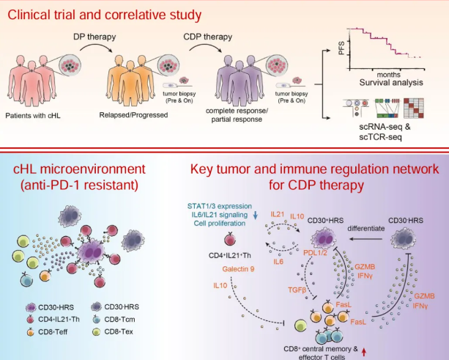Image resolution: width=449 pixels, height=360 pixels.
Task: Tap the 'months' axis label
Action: (388, 75)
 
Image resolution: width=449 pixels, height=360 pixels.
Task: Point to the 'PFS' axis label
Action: (341, 48)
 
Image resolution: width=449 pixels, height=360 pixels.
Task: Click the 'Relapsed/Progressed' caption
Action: (130, 115)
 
